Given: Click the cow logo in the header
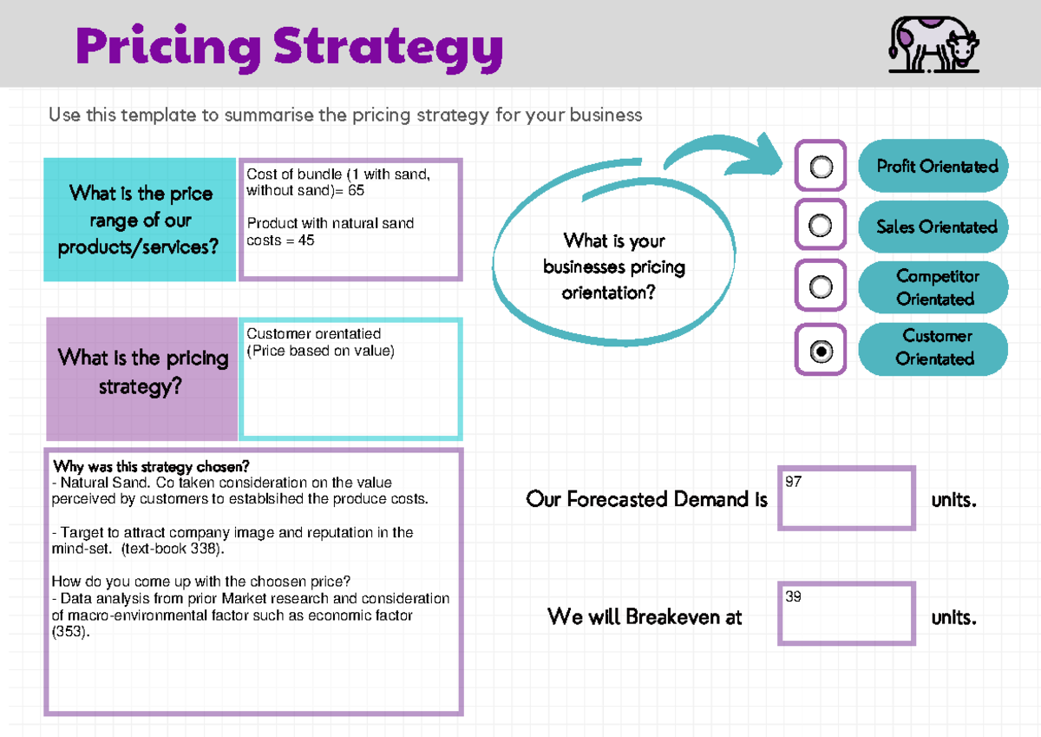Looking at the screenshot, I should tap(933, 45).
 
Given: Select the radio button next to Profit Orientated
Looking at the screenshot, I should tap(821, 166).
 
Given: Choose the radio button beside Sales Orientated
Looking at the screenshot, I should tap(821, 227).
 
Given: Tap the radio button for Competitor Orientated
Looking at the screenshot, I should tap(821, 286).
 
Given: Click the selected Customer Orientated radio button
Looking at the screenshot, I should tap(821, 351).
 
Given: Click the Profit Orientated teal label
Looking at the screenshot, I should tap(933, 166).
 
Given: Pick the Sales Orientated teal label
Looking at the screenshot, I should tap(933, 227).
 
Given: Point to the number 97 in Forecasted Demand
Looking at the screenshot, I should tap(794, 482).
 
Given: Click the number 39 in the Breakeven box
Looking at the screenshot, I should tap(794, 597).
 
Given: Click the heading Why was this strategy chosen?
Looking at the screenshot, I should tap(151, 467).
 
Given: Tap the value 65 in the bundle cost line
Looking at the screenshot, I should tap(356, 190).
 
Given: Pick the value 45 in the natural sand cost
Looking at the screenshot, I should tap(305, 240).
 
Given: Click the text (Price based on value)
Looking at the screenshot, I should tap(320, 351).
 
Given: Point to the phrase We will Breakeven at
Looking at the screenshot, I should tap(645, 617).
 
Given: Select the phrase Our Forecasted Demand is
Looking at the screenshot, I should tap(646, 499).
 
